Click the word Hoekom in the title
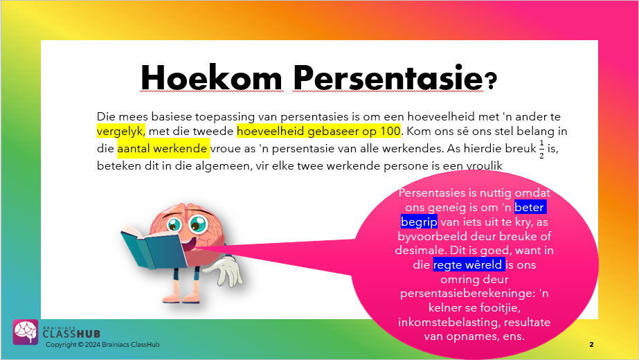212,78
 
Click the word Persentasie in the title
388,78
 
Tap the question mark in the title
492,80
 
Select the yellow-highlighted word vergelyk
120,132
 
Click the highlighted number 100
390,132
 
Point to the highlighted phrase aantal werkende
162,148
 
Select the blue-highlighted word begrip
419,222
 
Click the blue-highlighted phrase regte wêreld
467,264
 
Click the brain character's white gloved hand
227,271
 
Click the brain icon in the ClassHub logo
25,332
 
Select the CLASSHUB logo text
71,334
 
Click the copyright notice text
102,345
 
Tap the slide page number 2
591,345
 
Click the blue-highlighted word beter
529,208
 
